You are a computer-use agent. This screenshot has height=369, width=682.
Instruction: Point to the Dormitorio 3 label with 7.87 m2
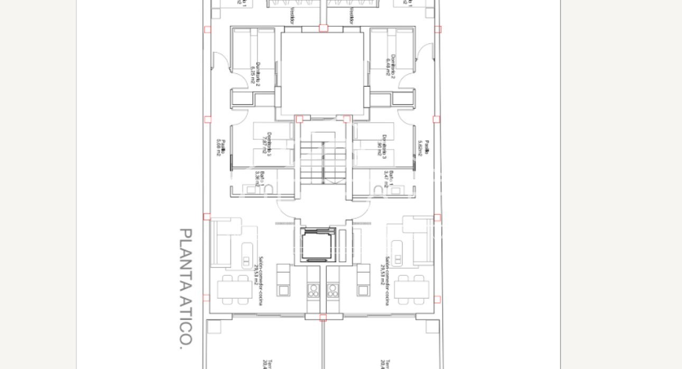click(x=267, y=145)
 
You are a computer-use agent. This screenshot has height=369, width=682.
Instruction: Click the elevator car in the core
click(x=318, y=246)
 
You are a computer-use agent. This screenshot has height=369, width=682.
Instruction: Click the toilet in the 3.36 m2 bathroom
click(x=268, y=189)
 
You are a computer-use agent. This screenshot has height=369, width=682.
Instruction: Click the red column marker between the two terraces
click(x=323, y=317)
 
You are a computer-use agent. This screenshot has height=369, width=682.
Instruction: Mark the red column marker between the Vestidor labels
click(x=323, y=28)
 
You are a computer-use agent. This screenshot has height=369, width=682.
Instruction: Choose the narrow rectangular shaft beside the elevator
click(x=343, y=246)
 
